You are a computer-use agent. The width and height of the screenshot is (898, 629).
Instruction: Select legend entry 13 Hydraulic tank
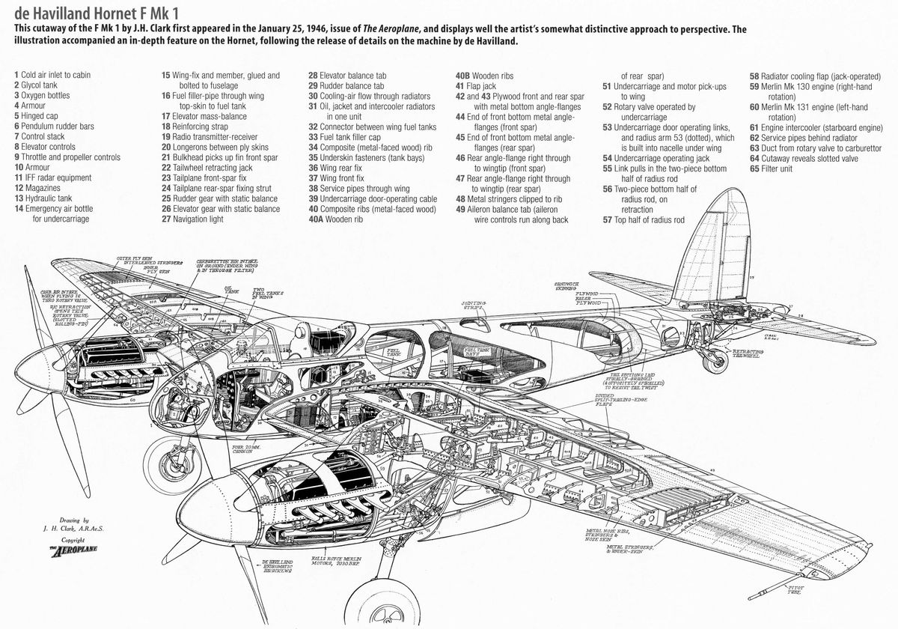pyautogui.click(x=46, y=198)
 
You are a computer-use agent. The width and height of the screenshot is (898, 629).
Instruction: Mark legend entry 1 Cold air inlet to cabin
pyautogui.click(x=52, y=76)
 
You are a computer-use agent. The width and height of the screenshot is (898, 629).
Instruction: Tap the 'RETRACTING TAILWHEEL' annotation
pyautogui.click(x=748, y=353)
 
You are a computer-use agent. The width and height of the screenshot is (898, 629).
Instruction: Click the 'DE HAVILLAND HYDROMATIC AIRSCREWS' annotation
pyautogui.click(x=278, y=565)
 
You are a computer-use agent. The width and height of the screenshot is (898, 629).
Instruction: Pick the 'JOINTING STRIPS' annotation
pyautogui.click(x=473, y=306)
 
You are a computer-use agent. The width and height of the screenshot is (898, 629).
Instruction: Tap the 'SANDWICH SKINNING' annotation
pyautogui.click(x=568, y=285)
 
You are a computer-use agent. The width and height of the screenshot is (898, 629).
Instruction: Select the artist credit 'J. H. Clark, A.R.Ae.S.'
pyautogui.click(x=73, y=529)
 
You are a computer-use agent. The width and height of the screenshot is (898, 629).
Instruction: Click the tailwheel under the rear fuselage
pyautogui.click(x=715, y=362)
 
